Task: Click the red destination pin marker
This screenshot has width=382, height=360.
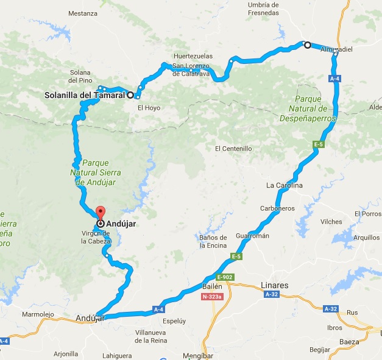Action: pos(100,214)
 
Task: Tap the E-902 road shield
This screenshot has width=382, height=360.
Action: pos(225,277)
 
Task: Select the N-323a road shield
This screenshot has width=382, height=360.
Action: pos(212,297)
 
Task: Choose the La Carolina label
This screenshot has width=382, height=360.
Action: pos(285,185)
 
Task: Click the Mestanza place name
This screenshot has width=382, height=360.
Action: pos(83,13)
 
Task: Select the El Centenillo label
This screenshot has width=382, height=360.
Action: pos(233,148)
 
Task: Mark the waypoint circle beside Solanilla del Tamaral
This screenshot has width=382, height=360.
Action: pos(130,95)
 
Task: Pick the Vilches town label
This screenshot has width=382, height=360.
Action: pos(331,222)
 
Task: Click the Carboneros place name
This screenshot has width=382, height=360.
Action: pos(277,208)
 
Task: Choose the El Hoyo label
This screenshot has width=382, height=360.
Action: pos(149,108)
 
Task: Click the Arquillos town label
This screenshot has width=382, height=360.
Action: pos(366,238)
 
